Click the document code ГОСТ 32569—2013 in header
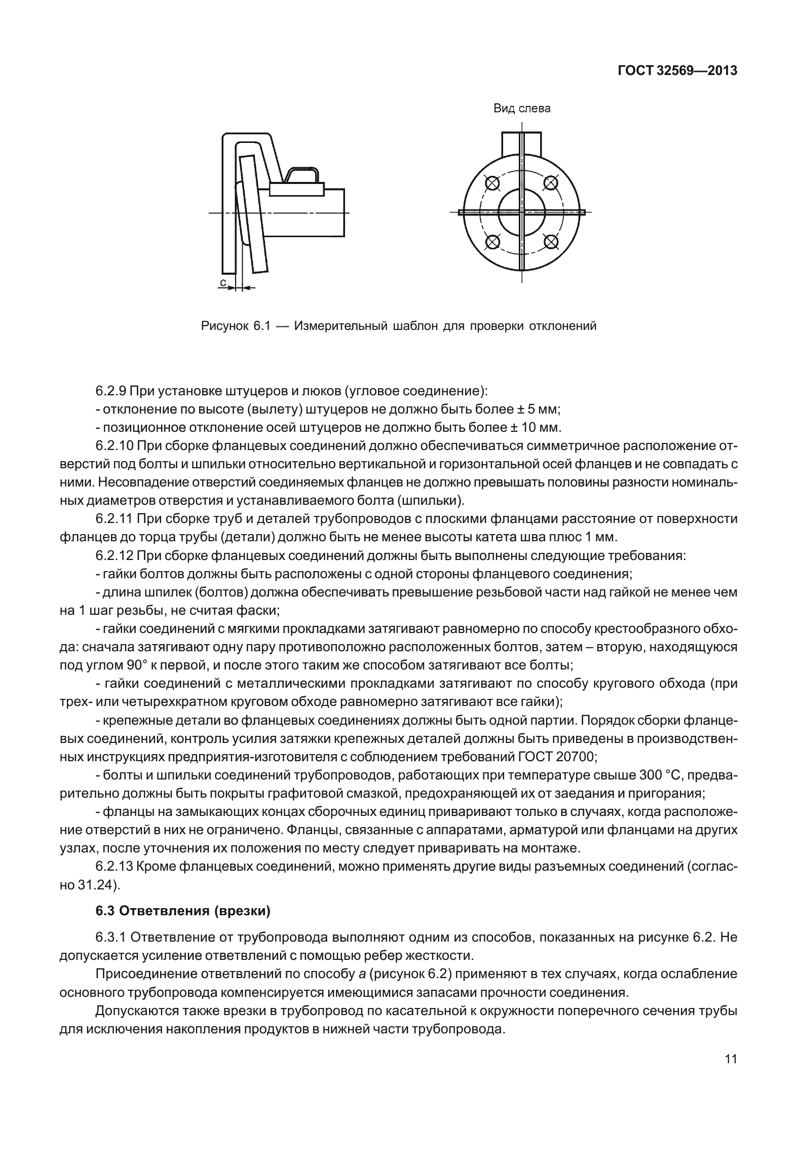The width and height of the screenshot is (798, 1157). click(x=677, y=71)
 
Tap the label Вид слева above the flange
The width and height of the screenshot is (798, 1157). click(x=522, y=108)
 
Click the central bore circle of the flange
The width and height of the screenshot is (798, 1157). click(x=521, y=212)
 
